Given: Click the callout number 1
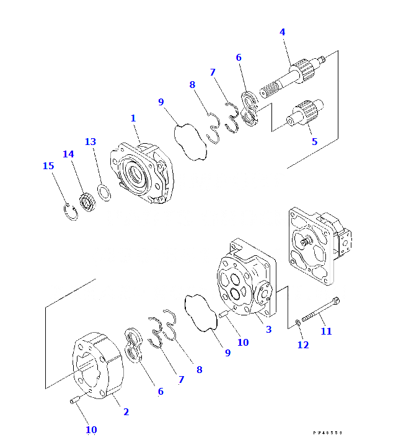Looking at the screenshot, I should point(133,118).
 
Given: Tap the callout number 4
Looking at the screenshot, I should point(282,31).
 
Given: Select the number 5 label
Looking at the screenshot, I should point(314,141).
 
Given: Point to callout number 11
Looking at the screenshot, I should point(326,331).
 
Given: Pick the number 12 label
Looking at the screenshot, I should point(302,345).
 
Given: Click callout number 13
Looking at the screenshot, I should point(90,141).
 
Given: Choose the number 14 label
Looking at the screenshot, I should point(68,154).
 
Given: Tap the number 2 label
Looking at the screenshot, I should point(126,411).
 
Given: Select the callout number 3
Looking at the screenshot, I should point(268,329).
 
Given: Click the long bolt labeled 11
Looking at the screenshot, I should point(322,312).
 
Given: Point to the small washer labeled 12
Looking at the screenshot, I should point(298,322).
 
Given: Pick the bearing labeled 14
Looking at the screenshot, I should point(87,203).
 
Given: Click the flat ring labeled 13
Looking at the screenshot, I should point(105,193).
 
